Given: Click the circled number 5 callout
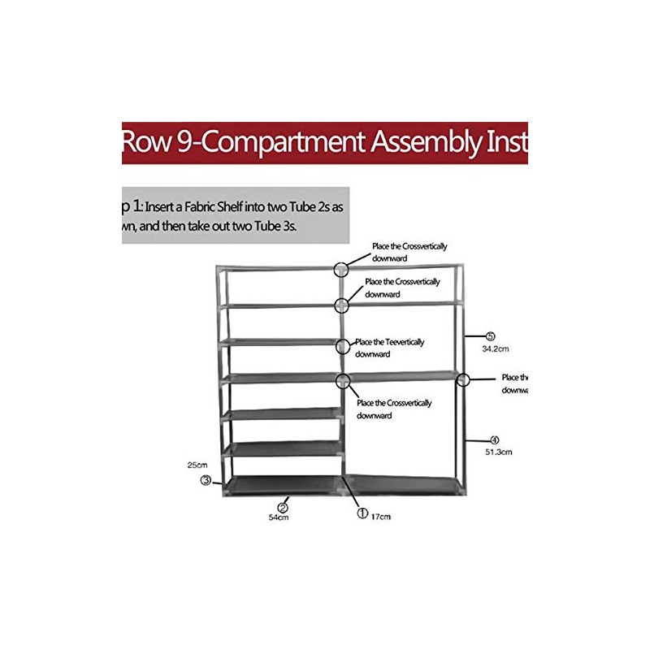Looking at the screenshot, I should click(490, 336).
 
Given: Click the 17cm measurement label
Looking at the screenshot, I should click(379, 515).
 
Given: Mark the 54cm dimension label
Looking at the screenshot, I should click(279, 517).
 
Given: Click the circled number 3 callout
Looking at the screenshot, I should click(206, 480).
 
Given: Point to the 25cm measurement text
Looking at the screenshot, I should click(196, 466).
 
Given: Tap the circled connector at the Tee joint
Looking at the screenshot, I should click(342, 346).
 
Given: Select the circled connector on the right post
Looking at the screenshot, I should click(463, 379).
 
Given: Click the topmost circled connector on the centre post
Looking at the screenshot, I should click(341, 269).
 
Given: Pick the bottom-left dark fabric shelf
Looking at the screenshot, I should click(282, 485).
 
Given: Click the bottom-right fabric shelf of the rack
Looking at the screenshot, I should click(404, 485).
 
